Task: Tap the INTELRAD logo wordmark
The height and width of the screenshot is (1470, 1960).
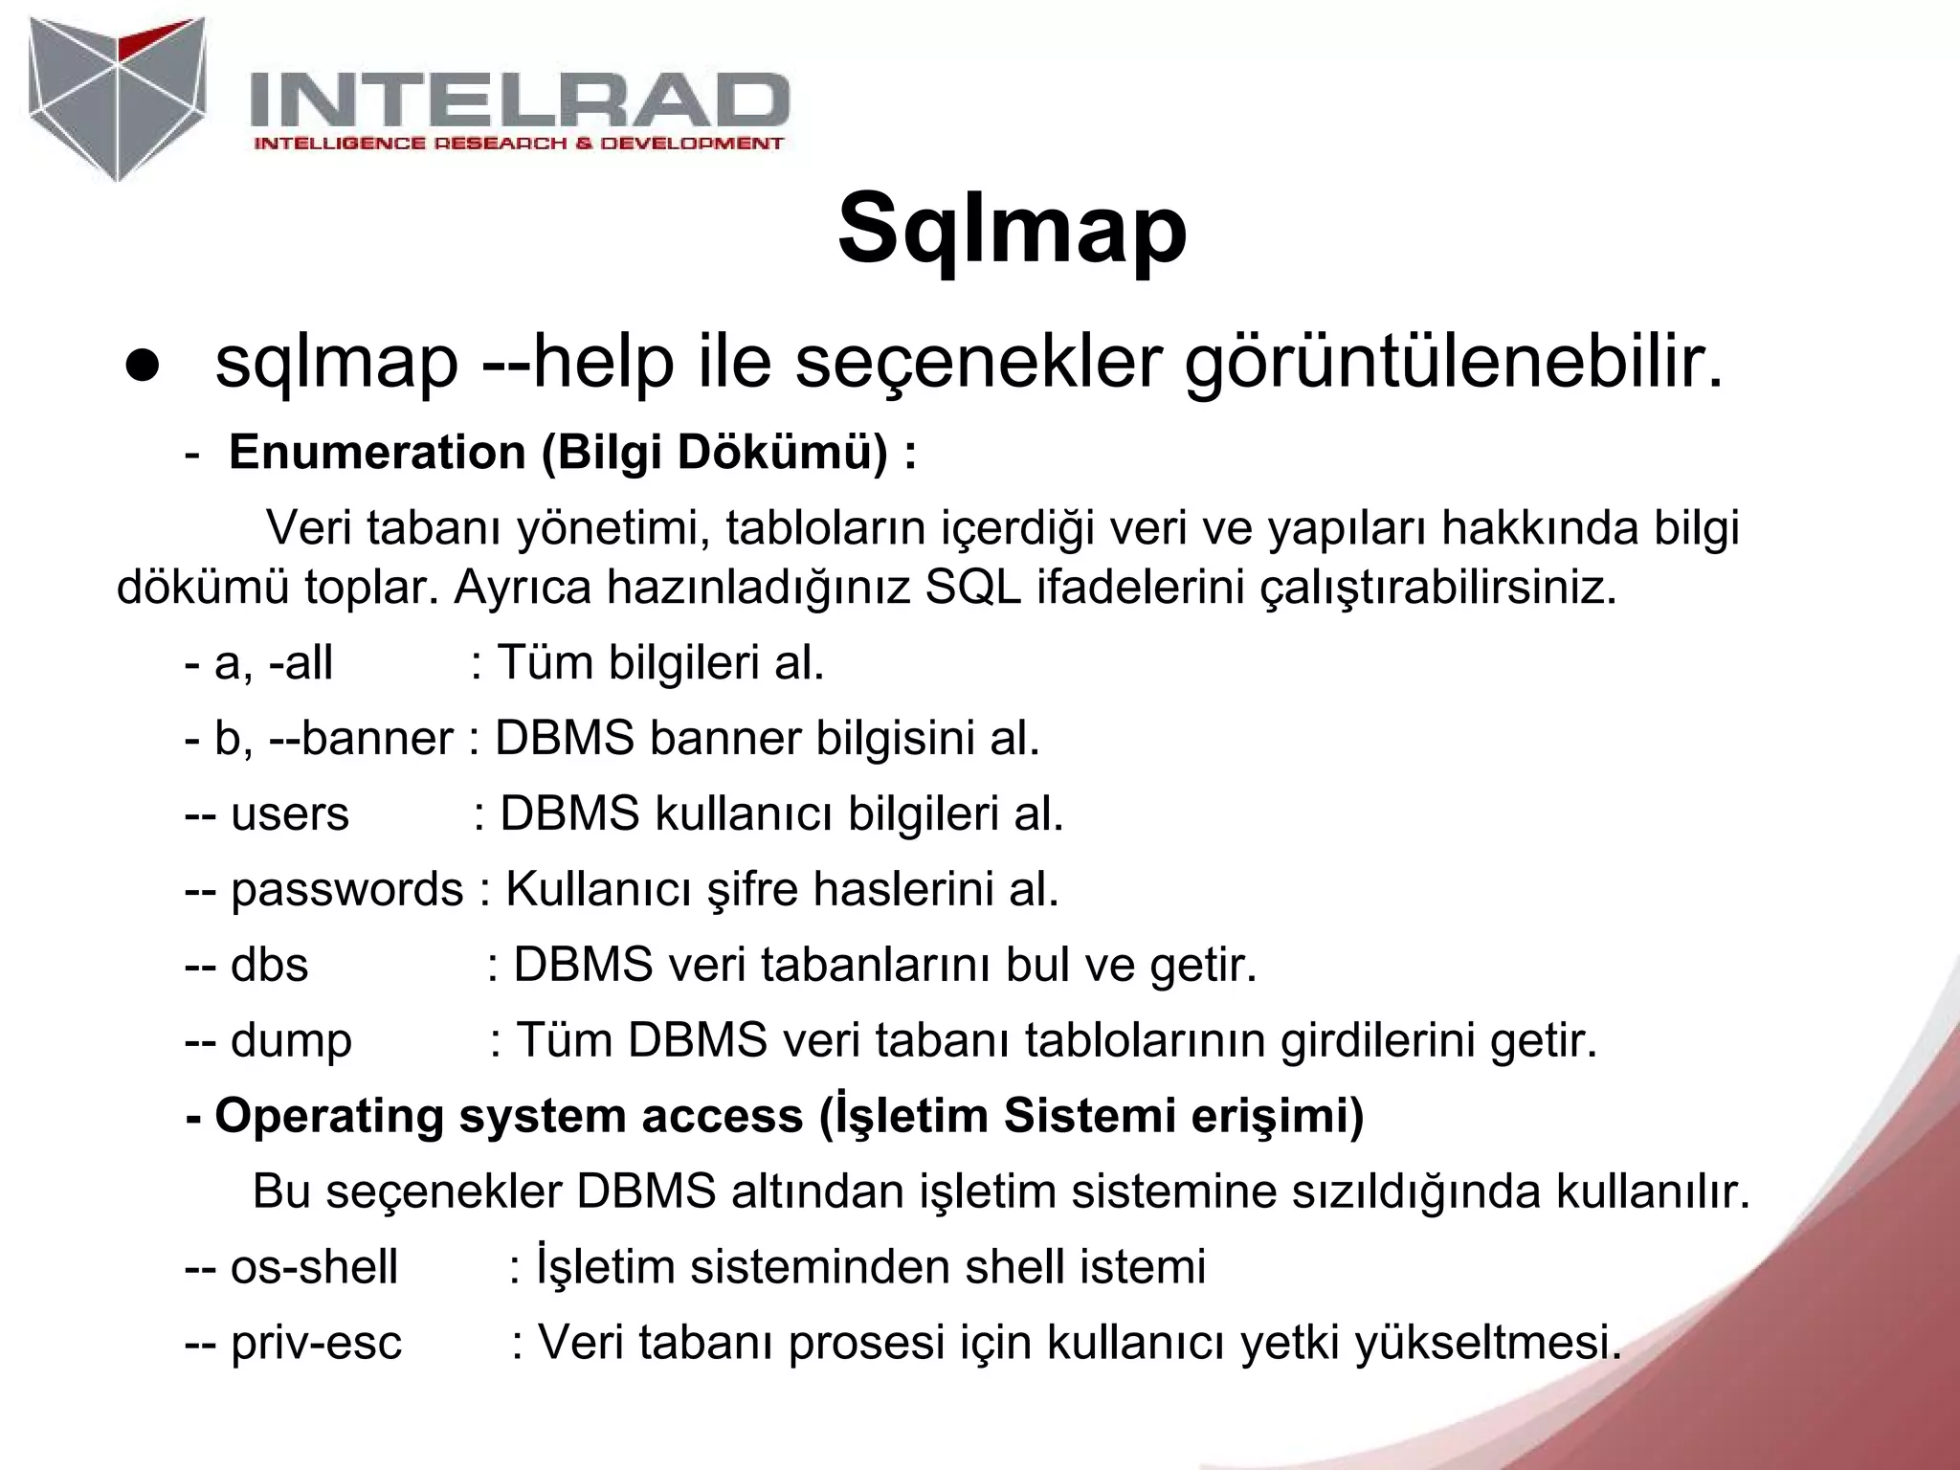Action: (519, 100)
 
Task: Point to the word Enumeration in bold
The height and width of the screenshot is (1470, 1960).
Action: (377, 452)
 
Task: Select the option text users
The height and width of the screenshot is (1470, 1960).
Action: (289, 813)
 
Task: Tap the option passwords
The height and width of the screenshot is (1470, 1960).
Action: (346, 889)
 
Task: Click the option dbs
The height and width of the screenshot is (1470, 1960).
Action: (269, 965)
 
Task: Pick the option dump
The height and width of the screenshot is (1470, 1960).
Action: (291, 1040)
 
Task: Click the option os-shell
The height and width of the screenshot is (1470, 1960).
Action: (314, 1267)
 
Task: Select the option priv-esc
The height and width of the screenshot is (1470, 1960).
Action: (316, 1343)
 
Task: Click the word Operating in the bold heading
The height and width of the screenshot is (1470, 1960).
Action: (329, 1116)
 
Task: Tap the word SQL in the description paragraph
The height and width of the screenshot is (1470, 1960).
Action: (973, 588)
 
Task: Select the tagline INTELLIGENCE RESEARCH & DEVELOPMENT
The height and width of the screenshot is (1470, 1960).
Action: (518, 144)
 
